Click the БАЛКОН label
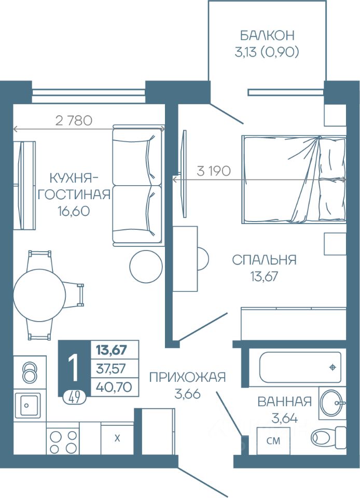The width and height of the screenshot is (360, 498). coord(267,35)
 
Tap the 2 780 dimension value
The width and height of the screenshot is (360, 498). coord(74,121)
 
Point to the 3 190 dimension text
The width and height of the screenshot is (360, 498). coord(213,171)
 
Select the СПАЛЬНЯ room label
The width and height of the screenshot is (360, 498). coord(264,260)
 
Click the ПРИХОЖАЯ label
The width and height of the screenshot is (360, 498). coord(188,378)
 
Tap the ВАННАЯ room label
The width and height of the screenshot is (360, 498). coord(284,402)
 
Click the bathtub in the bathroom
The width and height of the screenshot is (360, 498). coord(300,367)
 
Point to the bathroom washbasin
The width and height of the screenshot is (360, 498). coord(332,403)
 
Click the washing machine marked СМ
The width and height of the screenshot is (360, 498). coord(273,440)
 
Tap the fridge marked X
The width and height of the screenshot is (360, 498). coord(117,439)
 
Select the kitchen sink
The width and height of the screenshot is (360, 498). coord(27,405)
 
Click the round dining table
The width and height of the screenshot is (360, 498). coord(39,295)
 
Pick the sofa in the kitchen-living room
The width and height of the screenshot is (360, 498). coord(137,185)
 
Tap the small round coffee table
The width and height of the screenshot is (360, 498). coord(146,267)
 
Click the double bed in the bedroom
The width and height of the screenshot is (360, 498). coord(294,179)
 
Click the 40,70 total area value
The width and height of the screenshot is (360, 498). coord(114,387)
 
